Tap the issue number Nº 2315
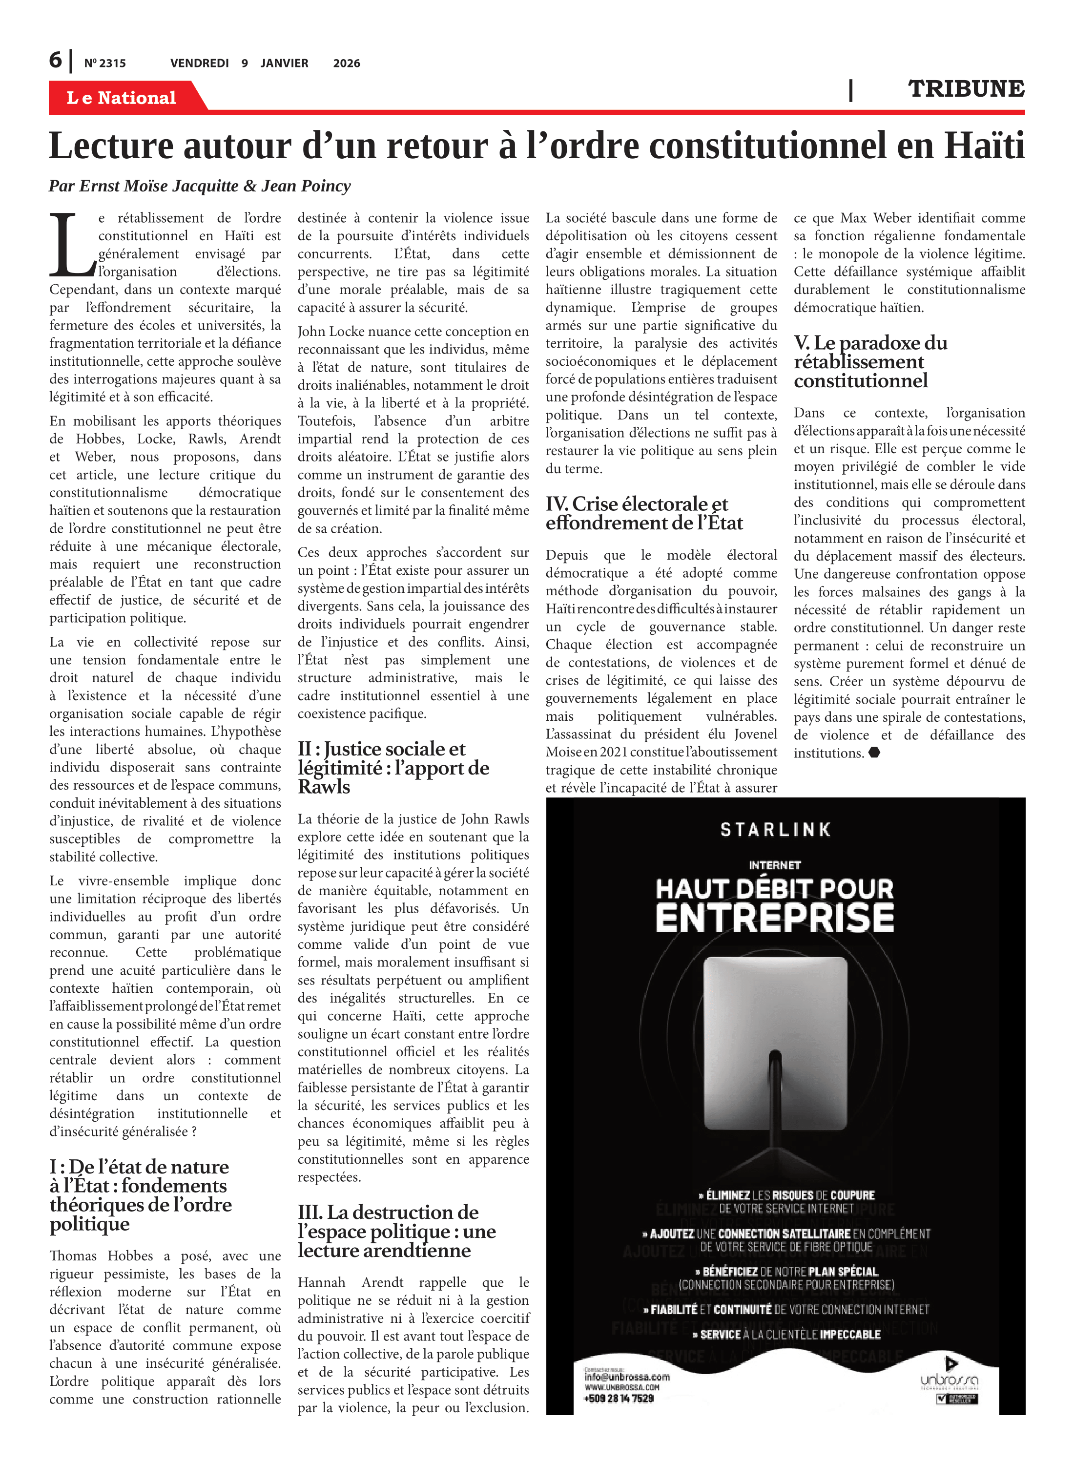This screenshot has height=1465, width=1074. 104,63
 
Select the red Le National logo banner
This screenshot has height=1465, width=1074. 122,98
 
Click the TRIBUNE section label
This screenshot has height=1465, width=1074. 966,89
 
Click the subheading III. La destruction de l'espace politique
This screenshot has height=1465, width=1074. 396,1231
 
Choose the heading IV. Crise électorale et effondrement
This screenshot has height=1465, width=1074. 643,513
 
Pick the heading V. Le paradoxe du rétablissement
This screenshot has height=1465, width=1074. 870,361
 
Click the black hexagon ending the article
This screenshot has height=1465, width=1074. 874,753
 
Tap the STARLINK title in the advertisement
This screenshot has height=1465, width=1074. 776,830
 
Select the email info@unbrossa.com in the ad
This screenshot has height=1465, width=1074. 627,1377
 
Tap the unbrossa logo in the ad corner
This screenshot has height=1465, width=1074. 949,1380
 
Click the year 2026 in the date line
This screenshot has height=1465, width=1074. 347,63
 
